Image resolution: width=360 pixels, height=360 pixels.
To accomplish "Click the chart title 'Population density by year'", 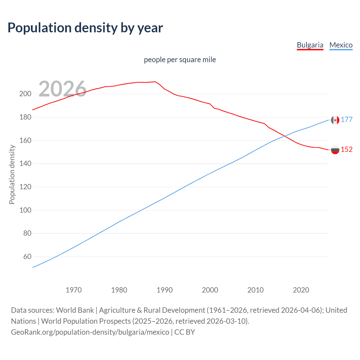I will coord(85,28).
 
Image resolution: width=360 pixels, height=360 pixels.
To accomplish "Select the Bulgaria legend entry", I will coord(310,45).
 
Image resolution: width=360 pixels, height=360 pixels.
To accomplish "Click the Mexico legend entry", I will coord(341,45).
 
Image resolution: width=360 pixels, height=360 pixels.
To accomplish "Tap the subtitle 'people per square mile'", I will coord(180,60).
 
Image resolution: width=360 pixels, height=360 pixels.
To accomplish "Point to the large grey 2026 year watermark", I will coord(62,89).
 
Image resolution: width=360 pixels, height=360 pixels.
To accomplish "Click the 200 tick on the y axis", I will coord(25,94).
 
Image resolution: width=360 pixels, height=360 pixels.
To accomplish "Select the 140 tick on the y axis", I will coord(25,163).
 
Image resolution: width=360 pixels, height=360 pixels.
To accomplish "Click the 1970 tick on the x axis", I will coord(73,290).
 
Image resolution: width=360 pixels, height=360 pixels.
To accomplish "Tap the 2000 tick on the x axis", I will coord(210,290).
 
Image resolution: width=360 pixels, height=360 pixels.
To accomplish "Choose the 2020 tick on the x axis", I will coord(301,290).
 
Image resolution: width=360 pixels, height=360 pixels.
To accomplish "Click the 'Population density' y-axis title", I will coord(12,174).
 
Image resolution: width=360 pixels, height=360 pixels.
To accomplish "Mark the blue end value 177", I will coord(346,120).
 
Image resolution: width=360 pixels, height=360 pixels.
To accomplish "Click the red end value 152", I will coord(346,150).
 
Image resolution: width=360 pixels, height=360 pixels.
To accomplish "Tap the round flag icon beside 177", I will coord(335,120).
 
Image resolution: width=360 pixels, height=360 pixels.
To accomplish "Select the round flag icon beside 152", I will coord(335,150).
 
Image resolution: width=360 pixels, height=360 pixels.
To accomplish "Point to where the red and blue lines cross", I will coord(285,136).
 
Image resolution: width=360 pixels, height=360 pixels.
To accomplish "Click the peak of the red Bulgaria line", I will coord(155,82).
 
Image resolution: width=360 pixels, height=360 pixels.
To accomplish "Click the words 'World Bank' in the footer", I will coord(75,310).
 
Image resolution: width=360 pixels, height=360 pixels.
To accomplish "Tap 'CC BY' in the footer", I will coord(184,332).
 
